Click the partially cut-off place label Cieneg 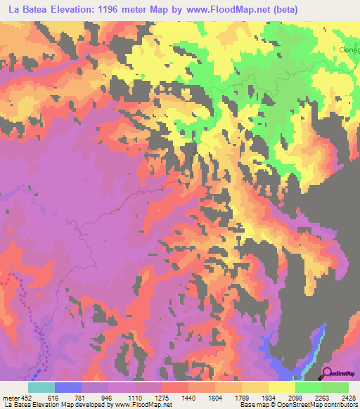pyautogui.click(x=347, y=51)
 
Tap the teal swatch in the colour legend pyautogui.click(x=41, y=387)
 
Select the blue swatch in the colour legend pyautogui.click(x=68, y=387)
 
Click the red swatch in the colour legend pyautogui.click(x=175, y=387)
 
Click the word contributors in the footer pyautogui.click(x=341, y=404)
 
